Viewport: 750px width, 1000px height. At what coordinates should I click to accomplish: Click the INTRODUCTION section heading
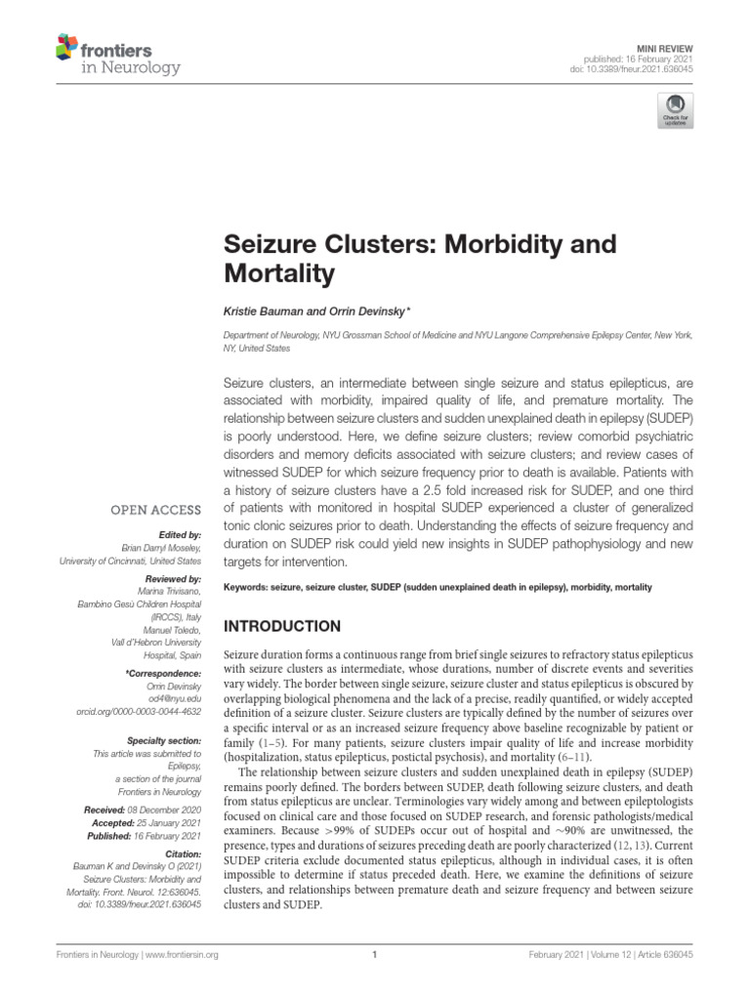pyautogui.click(x=282, y=626)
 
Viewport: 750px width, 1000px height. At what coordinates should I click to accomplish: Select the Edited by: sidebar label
pyautogui.click(x=177, y=535)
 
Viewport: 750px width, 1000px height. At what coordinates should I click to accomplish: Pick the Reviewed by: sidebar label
pyautogui.click(x=171, y=579)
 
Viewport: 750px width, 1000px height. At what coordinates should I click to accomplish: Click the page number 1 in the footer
pyautogui.click(x=375, y=955)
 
